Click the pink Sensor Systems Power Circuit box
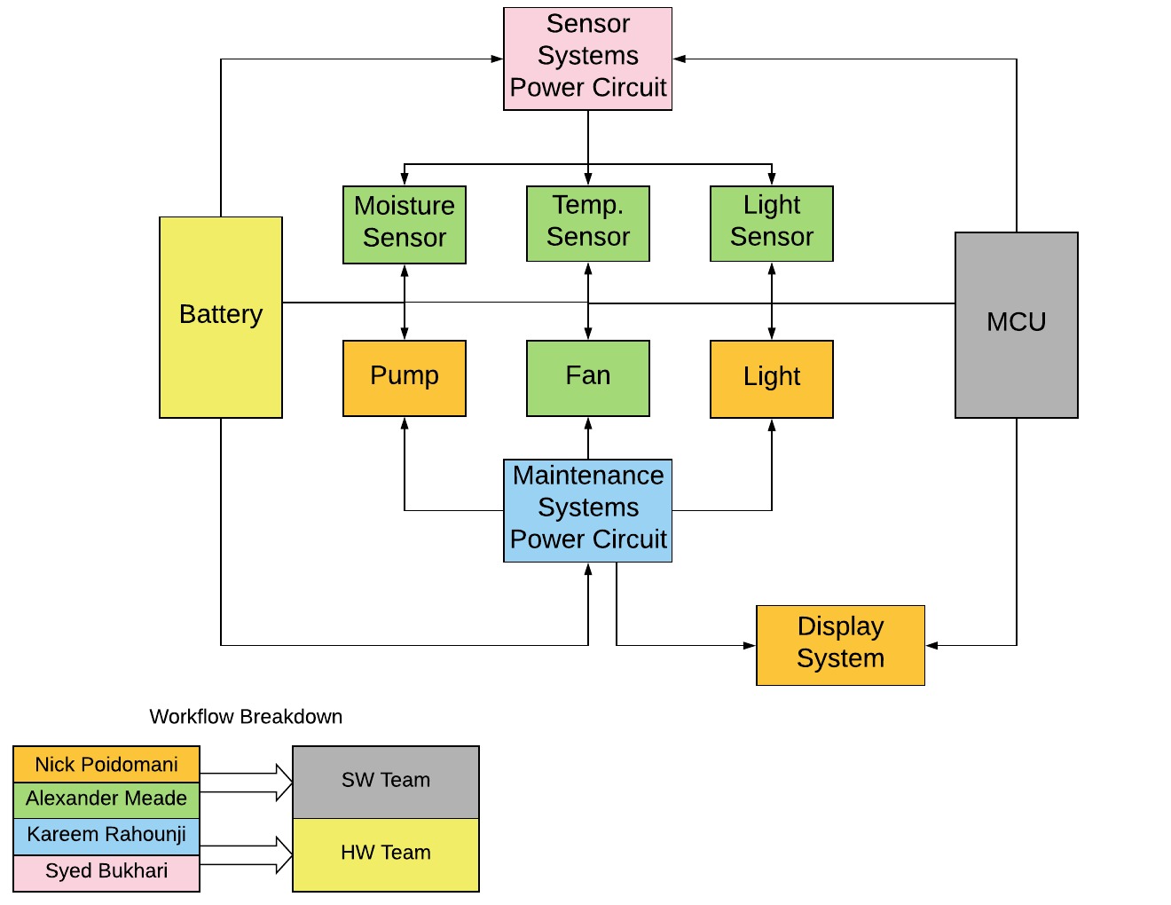point(587,59)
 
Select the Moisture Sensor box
point(405,224)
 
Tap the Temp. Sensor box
point(587,224)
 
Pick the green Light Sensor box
point(771,224)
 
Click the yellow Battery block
point(221,317)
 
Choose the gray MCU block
point(1016,325)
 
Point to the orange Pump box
point(405,378)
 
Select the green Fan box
point(587,378)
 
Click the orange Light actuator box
point(771,378)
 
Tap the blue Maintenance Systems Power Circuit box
point(587,510)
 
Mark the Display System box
point(840,645)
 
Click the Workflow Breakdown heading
point(246,717)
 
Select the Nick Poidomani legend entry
point(106,764)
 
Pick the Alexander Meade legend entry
point(106,799)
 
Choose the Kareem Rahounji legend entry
point(106,836)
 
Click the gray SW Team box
point(386,782)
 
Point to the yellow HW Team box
point(386,854)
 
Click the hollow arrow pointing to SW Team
point(247,782)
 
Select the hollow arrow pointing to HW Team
point(247,854)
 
